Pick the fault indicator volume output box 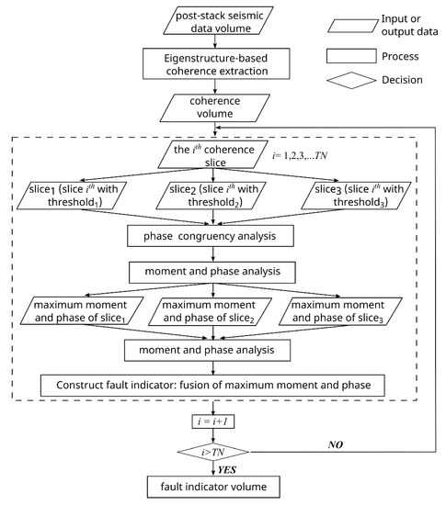pyautogui.click(x=213, y=488)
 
